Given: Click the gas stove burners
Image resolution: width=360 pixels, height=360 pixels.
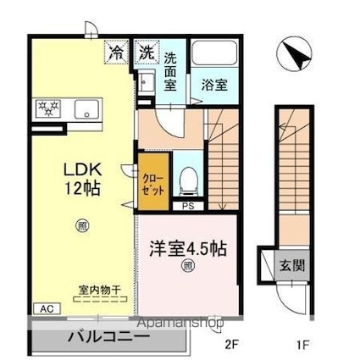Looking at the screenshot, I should (50, 108).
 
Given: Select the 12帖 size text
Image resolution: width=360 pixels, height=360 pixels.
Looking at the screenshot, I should (81, 187).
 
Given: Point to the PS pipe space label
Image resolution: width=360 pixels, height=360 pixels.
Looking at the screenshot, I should (188, 206).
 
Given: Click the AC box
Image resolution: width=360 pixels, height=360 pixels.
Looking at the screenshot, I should (42, 308).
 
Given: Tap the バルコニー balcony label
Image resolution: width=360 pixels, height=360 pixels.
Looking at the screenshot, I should (109, 335).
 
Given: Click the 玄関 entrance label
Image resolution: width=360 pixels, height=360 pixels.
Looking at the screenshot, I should (292, 264).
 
